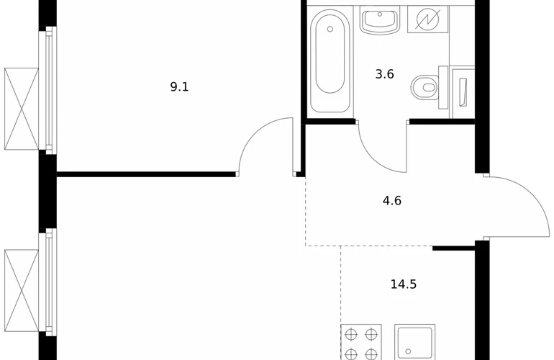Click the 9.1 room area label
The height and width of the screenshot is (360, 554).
[x=179, y=86]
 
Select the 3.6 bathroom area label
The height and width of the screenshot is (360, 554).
[x=384, y=74]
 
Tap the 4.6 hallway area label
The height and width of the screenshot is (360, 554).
[x=392, y=201]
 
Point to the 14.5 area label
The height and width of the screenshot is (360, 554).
[x=404, y=284]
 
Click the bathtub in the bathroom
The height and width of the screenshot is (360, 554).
[x=330, y=60]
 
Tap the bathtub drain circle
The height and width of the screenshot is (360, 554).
[x=330, y=29]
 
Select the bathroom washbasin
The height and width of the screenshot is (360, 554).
[x=380, y=21]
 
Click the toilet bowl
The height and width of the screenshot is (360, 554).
[x=424, y=87]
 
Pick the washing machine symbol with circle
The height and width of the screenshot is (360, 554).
[x=427, y=19]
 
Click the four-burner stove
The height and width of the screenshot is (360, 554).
[x=361, y=342]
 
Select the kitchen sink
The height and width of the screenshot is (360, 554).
[x=415, y=342]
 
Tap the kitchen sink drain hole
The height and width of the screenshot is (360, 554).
[x=408, y=352]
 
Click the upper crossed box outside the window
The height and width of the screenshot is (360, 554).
[x=22, y=109]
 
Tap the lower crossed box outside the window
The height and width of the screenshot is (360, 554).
[x=22, y=291]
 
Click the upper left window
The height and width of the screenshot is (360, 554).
[x=49, y=91]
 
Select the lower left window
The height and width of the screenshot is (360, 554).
[x=49, y=282]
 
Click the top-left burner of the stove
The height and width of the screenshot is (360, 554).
[x=351, y=334]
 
